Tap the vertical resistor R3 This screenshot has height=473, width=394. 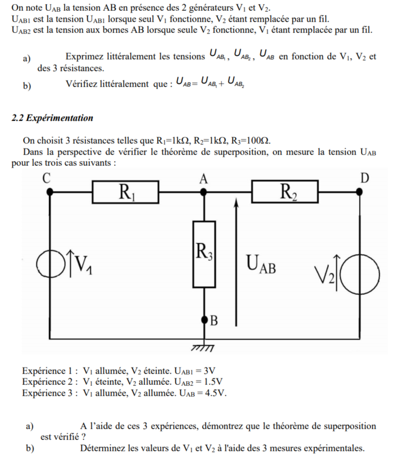(x=203, y=254)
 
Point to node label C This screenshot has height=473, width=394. (x=47, y=178)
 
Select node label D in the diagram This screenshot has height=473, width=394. (x=364, y=178)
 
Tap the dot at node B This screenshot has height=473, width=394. (x=204, y=320)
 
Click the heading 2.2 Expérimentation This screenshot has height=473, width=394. (x=52, y=118)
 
